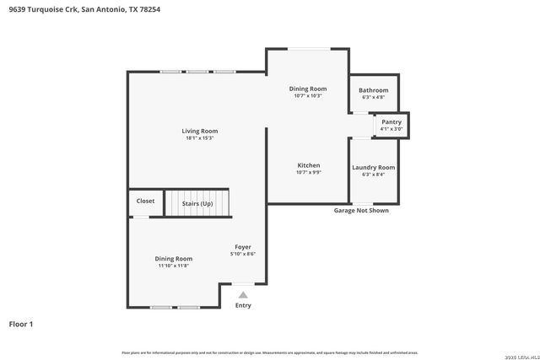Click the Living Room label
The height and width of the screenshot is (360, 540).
(200, 131)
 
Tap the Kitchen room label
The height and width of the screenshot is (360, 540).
(308, 165)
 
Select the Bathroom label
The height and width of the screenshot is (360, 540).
(373, 90)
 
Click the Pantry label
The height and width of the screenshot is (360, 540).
(391, 122)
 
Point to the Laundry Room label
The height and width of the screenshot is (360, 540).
(373, 167)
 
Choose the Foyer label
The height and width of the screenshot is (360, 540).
(243, 247)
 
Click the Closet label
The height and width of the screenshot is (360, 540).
(145, 201)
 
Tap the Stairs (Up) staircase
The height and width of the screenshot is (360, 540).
(197, 204)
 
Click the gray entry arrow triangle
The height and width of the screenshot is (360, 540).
(243, 294)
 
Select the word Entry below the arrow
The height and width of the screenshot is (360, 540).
(243, 305)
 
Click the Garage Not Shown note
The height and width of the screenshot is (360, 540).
(361, 211)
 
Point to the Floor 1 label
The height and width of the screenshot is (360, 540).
(21, 324)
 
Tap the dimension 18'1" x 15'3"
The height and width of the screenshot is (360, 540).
(200, 138)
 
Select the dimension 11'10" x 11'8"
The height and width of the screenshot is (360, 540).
(173, 266)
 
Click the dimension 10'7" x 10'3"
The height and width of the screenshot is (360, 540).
(308, 96)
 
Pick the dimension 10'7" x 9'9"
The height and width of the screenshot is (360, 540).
(308, 173)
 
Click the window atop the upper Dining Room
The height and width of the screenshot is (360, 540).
(308, 49)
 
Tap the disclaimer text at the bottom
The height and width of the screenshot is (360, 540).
(269, 352)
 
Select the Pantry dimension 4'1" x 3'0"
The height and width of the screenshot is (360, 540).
(391, 129)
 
